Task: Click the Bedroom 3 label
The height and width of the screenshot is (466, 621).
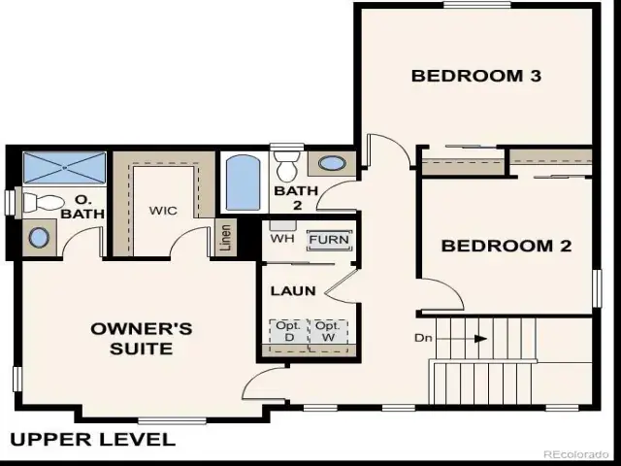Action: click(476, 76)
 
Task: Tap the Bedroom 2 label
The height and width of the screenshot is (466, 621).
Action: click(507, 246)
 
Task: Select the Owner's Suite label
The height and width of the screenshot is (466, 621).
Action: click(142, 339)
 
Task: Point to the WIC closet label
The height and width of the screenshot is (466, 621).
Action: click(163, 211)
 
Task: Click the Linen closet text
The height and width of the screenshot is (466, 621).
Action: click(225, 238)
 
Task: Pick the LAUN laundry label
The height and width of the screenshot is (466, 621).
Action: click(293, 291)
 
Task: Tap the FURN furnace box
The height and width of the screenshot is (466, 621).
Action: click(329, 240)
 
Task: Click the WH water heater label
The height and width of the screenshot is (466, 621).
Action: click(282, 239)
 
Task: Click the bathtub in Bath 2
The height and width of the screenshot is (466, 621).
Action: click(243, 183)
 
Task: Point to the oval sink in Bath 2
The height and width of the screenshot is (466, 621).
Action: click(332, 163)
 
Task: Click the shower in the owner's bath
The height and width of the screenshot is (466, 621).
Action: click(65, 168)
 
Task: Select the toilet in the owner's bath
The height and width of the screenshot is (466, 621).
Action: click(41, 203)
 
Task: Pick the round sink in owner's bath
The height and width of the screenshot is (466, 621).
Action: click(39, 238)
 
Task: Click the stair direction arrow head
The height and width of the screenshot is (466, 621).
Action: click(481, 339)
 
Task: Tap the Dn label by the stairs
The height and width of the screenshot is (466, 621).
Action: click(423, 338)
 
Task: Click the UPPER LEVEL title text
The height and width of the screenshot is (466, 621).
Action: click(93, 440)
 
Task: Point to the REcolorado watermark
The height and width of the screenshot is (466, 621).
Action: click(575, 454)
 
